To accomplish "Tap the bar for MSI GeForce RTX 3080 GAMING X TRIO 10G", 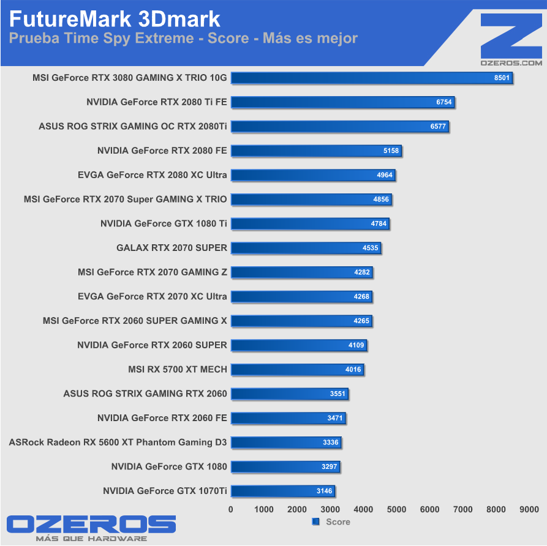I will click(x=372, y=78).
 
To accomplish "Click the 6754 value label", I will click(x=444, y=102).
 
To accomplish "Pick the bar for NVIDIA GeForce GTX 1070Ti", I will click(x=283, y=491).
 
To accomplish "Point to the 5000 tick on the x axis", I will click(x=396, y=509).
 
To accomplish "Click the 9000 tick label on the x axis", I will click(x=529, y=509).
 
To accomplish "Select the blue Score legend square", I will click(x=316, y=522).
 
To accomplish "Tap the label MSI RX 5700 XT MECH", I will click(x=178, y=369).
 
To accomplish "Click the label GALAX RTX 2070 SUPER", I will click(x=172, y=248).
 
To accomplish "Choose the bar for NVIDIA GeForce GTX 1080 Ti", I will click(x=310, y=223).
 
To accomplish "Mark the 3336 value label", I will click(x=331, y=443).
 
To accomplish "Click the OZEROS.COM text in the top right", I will click(x=511, y=62).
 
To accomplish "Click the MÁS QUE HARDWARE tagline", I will click(x=91, y=539).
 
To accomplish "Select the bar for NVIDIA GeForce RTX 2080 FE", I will click(x=316, y=151).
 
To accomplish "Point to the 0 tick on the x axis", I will click(x=231, y=509).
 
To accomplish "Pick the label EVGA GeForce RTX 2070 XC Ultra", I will click(x=153, y=296).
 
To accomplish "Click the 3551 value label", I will click(x=338, y=394).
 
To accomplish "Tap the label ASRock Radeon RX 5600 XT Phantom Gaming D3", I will click(x=118, y=443).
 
